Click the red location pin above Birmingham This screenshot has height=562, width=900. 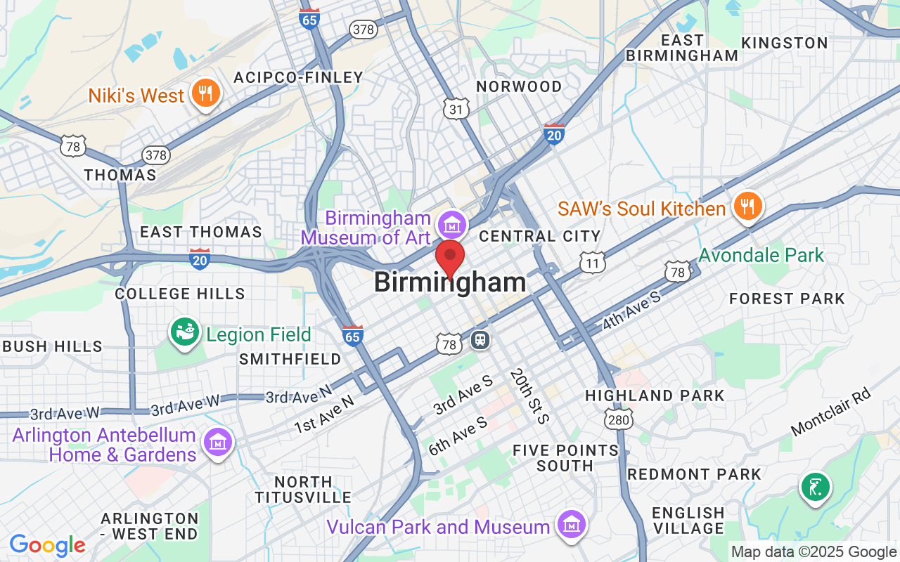tap(450, 256)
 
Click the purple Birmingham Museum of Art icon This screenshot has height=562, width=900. tap(451, 226)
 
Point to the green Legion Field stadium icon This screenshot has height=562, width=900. tap(186, 334)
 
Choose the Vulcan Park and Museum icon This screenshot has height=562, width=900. tap(571, 524)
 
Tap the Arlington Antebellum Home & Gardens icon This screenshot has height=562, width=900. tap(217, 443)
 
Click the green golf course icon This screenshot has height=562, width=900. tap(815, 486)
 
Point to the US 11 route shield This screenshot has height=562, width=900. tap(593, 263)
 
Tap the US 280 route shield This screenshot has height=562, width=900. tap(619, 419)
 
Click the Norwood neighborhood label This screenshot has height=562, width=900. tap(519, 86)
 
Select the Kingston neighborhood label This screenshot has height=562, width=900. tap(785, 43)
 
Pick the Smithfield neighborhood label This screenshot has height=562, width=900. tap(290, 359)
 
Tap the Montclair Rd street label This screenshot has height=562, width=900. tap(830, 412)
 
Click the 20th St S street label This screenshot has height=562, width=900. tap(529, 396)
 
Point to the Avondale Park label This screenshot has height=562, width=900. tap(761, 254)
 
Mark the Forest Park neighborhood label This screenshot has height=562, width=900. tap(787, 299)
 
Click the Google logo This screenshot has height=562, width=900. tap(47, 544)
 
